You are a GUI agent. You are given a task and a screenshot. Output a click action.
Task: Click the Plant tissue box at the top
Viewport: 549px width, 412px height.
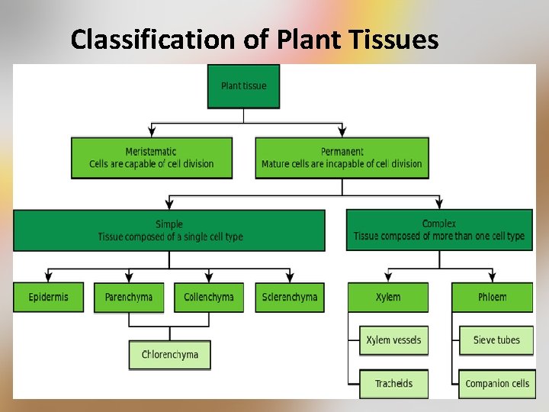243,85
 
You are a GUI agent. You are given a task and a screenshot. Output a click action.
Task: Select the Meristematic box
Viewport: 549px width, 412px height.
151,158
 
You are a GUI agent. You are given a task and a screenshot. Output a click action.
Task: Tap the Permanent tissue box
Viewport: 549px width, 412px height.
342,158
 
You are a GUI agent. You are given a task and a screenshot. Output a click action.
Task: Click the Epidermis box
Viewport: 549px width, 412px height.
48,297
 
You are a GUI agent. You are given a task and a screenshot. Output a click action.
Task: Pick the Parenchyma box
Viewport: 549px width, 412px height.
129,297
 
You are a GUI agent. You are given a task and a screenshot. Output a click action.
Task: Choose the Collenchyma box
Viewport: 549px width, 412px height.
209,297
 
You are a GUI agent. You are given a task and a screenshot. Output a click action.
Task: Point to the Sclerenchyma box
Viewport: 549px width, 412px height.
289,297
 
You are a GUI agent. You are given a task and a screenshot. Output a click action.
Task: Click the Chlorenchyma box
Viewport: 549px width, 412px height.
169,355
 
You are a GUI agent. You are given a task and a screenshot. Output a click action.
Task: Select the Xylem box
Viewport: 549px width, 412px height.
388,297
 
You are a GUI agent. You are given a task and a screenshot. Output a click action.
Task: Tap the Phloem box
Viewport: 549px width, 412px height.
492,297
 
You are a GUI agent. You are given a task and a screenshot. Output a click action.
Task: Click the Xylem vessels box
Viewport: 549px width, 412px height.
393,340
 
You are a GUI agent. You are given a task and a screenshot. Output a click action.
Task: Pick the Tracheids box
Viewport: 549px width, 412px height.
393,384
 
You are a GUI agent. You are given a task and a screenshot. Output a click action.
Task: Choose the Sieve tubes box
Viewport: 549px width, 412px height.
496,340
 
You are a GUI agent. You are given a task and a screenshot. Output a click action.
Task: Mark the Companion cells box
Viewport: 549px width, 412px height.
496,384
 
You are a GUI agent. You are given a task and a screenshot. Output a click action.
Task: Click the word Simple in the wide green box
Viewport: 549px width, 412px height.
169,224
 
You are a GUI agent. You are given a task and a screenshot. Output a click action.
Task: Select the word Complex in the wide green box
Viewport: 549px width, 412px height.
439,224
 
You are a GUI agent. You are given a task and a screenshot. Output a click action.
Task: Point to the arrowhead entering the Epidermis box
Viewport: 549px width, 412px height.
48,276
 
